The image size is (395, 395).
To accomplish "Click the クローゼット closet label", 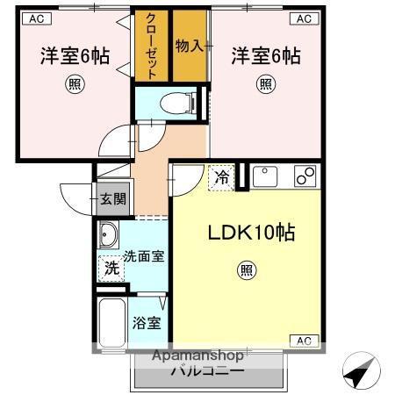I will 152,47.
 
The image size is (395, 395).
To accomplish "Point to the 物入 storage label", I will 189,46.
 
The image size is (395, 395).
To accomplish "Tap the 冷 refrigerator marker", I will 222,177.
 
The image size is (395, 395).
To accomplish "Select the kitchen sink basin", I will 265,177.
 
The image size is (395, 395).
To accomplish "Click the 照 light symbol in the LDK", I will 247,272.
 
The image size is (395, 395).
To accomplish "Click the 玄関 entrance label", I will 111,198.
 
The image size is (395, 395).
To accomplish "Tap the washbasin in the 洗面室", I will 109,236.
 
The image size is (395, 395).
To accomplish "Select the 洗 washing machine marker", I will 111,268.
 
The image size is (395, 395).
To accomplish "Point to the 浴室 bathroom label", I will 147,323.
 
